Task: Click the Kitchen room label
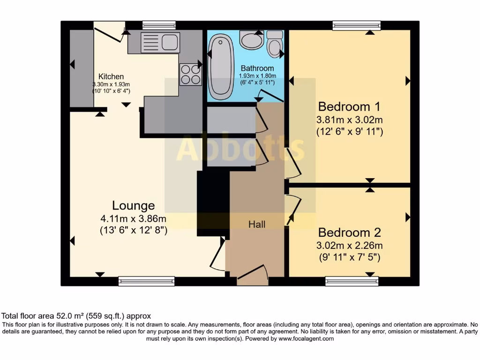111,76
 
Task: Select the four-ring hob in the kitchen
190,75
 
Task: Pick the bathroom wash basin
252,39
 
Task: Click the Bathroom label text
257,68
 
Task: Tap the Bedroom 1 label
349,105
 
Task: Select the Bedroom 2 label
350,232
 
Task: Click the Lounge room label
133,205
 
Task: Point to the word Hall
257,225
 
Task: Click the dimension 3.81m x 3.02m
349,119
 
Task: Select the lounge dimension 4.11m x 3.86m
133,218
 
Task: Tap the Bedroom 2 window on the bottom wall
352,281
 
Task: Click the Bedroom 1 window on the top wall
357,25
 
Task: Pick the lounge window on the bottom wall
146,281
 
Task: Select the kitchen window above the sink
159,25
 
